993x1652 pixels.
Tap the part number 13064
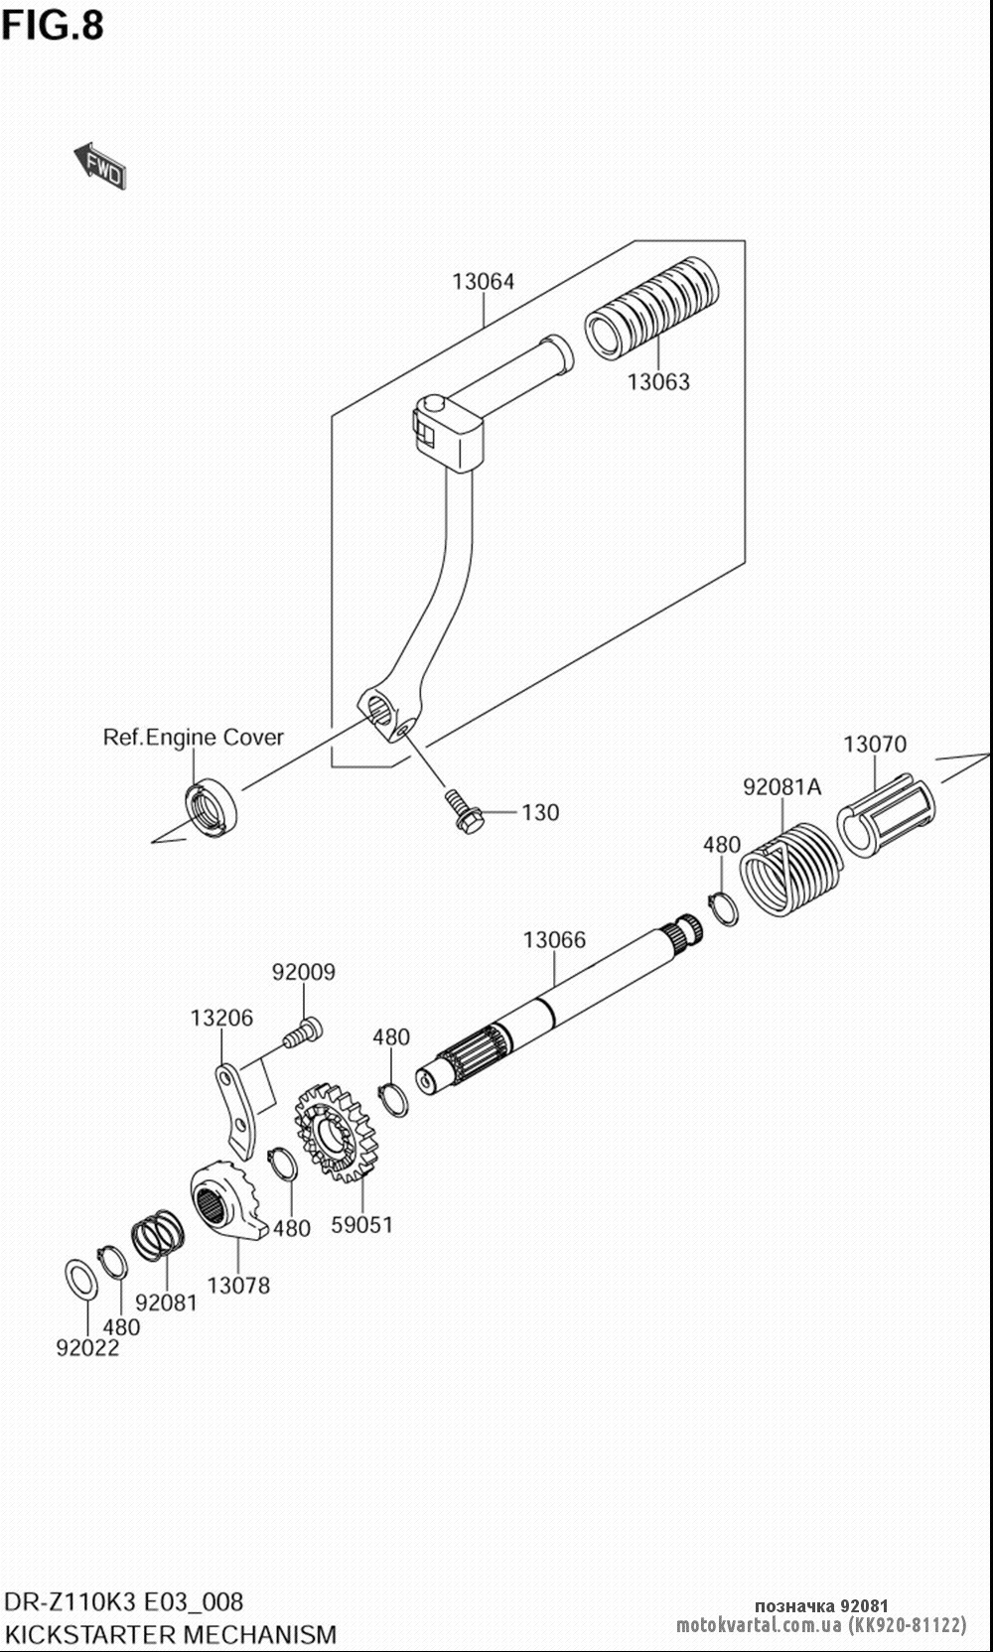[x=484, y=281]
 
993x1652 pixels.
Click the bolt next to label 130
[x=462, y=810]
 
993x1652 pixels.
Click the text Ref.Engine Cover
[x=194, y=737]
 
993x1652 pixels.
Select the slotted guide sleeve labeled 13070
[x=886, y=815]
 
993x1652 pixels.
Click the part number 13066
[x=555, y=939]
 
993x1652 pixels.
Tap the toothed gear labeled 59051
[x=338, y=1133]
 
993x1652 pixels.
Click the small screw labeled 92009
[x=303, y=1032]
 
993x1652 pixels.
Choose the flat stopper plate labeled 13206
[x=236, y=1110]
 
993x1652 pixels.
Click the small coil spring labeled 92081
[x=158, y=1236]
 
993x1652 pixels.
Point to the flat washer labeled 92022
[x=81, y=1280]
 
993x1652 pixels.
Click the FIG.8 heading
[x=53, y=25]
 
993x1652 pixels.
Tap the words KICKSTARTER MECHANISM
[x=170, y=1634]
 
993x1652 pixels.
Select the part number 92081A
[x=782, y=787]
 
